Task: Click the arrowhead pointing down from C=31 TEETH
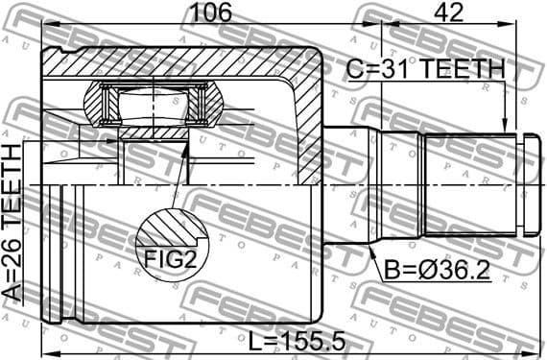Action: point(506,123)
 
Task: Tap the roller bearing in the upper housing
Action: point(155,103)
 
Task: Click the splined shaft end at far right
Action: point(526,182)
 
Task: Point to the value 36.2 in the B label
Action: point(462,271)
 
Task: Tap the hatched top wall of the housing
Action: point(182,64)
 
